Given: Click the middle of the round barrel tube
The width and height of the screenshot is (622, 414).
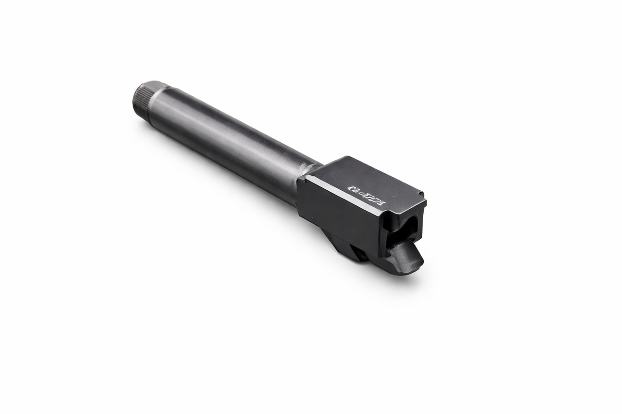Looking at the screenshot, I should [x=228, y=138].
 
